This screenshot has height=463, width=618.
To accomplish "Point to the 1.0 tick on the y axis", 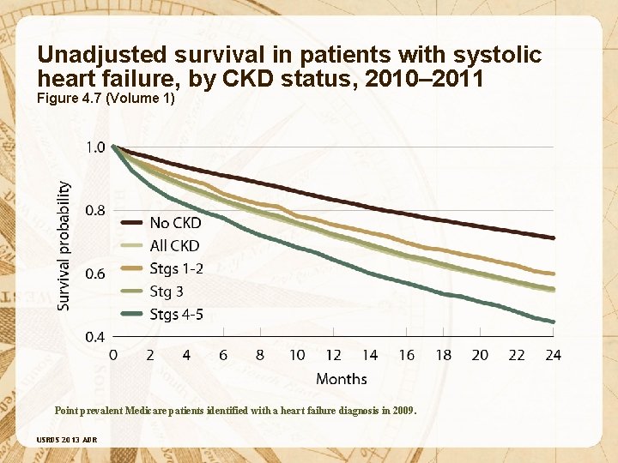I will pyautogui.click(x=95, y=147).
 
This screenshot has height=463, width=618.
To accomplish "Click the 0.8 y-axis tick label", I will pyautogui.click(x=95, y=211).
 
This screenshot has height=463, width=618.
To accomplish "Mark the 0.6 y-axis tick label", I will pyautogui.click(x=95, y=274).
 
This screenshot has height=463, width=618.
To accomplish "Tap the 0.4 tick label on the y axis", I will pyautogui.click(x=95, y=337).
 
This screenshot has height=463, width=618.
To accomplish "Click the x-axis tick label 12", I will pyautogui.click(x=333, y=355).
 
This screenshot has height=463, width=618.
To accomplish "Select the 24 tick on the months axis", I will pyautogui.click(x=553, y=355).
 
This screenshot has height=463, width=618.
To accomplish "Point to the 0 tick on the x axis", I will pyautogui.click(x=114, y=355).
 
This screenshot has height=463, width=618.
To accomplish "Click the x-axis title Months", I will pyautogui.click(x=341, y=379).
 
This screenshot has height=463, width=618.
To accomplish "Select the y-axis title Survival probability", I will pyautogui.click(x=65, y=244).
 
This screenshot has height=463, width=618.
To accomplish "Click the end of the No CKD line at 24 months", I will pyautogui.click(x=554, y=238).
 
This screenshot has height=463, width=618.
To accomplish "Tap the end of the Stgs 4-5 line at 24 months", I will pyautogui.click(x=554, y=322).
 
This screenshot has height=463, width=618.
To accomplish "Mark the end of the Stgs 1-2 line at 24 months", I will pyautogui.click(x=554, y=274).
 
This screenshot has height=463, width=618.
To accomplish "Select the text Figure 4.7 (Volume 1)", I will pyautogui.click(x=106, y=98).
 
